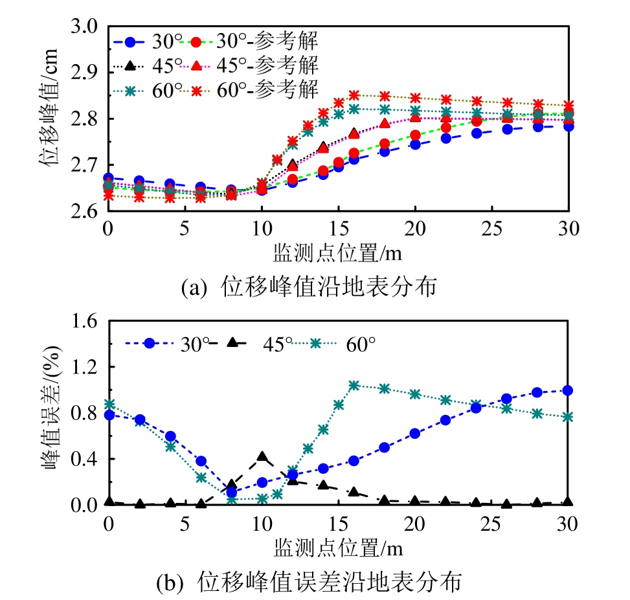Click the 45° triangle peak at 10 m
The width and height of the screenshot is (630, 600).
[262, 457]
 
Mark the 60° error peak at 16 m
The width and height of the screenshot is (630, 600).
[354, 386]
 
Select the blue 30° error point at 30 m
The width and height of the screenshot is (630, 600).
[568, 390]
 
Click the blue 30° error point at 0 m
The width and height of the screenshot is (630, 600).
[109, 415]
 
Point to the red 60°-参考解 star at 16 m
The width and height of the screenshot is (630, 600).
[354, 95]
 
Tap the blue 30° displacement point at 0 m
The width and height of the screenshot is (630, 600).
[109, 177]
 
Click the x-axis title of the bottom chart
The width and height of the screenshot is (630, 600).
[338, 548]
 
